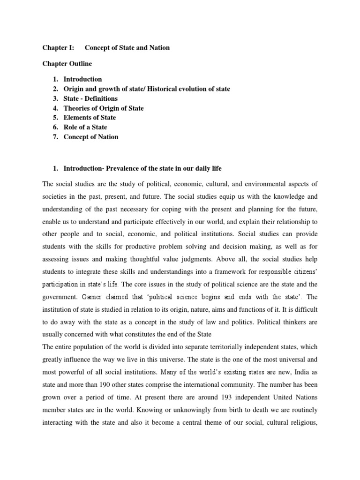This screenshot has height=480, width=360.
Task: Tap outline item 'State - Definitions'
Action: pyautogui.click(x=90, y=98)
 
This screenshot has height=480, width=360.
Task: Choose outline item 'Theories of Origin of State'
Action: pyautogui.click(x=104, y=108)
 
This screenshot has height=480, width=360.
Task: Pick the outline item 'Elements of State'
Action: pyautogui.click(x=90, y=118)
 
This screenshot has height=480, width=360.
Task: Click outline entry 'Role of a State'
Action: pyautogui.click(x=85, y=127)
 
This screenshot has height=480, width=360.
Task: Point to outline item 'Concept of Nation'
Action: pyautogui.click(x=91, y=137)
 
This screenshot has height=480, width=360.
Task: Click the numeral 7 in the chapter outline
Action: pyautogui.click(x=54, y=137)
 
